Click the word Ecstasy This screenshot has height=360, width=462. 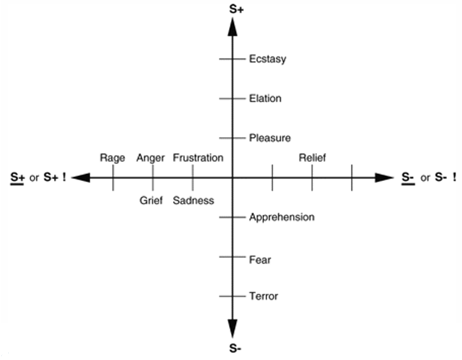point(268,59)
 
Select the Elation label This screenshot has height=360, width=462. point(265,98)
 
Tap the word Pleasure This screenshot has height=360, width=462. point(270,138)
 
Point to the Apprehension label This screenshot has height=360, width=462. point(282,217)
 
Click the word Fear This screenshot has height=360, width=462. point(260,259)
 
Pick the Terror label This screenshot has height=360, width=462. point(263,296)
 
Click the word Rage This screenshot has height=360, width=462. point(112,157)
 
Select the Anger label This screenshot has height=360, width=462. point(150,157)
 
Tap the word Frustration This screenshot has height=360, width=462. point(198,157)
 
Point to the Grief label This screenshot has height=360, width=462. point(152,201)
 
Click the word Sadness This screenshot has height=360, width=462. point(194,201)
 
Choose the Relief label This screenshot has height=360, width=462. point(312,157)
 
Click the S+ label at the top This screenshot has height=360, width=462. point(233,8)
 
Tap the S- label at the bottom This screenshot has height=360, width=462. point(233,348)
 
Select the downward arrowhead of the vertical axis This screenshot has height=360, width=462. point(233,328)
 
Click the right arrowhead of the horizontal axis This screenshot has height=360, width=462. point(385,178)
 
